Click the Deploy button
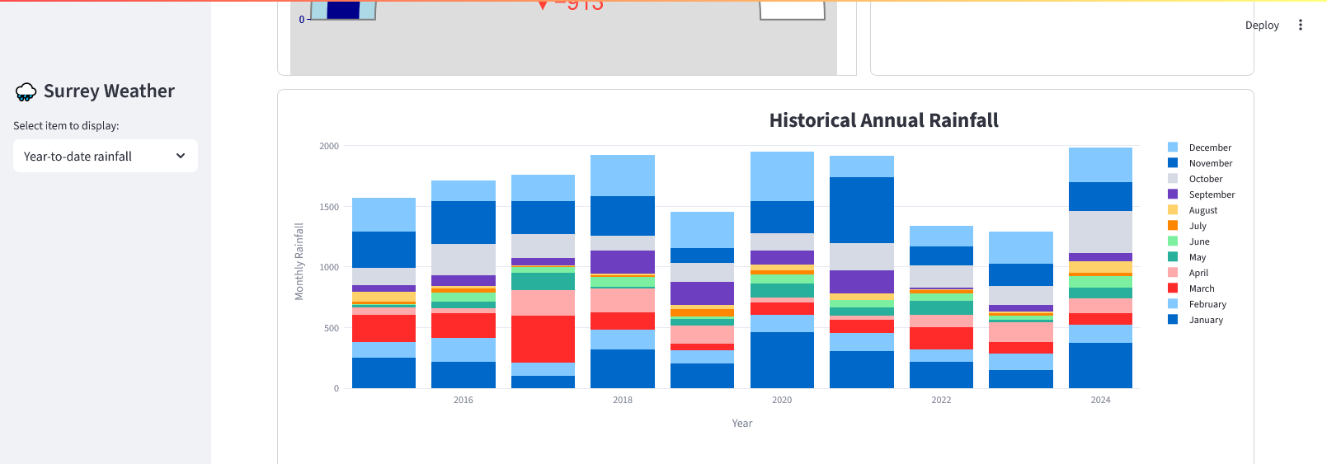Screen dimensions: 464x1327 1261,26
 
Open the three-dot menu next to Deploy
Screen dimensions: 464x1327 1301,26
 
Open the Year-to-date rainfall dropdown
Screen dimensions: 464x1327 105,156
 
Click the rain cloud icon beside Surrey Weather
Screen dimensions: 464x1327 26,91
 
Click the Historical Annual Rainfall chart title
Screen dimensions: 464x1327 883,120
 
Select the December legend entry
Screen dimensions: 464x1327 1209,148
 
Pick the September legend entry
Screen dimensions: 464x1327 1211,195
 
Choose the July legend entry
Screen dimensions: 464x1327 1197,226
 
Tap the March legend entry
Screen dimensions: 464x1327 1201,288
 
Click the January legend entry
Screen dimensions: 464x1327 1205,320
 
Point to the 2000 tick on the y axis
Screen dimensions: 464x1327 329,146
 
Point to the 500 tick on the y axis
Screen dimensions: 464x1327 332,328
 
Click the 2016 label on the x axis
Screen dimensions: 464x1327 464,400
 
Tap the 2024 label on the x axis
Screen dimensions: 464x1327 1100,400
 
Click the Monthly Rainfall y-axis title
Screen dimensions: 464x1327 299,261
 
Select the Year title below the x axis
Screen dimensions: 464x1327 741,424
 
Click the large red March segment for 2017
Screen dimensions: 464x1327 543,339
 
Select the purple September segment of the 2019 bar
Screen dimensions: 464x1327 702,293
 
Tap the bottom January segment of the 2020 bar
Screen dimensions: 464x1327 782,360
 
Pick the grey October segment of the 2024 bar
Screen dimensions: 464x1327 1100,232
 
